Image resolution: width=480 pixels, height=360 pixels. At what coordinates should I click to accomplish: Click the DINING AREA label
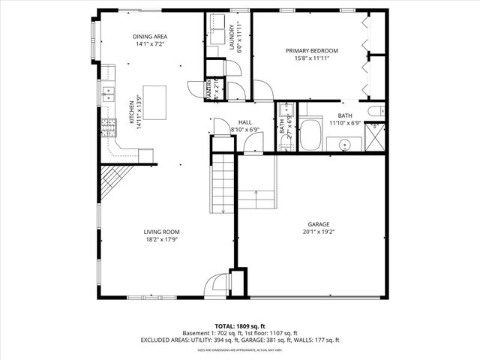pyautogui.click(x=150, y=37)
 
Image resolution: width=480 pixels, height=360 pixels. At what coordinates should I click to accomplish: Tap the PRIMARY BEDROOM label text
pyautogui.click(x=311, y=51)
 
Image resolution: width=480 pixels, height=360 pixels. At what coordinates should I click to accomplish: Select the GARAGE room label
pyautogui.click(x=319, y=224)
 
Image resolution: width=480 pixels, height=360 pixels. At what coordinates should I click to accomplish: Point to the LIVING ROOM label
pyautogui.click(x=162, y=232)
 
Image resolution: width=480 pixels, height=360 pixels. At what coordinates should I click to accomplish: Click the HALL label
pyautogui.click(x=244, y=121)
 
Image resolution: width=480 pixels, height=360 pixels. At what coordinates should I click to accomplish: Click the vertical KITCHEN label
pyautogui.click(x=130, y=115)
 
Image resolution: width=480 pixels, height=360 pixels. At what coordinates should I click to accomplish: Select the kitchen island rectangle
pyautogui.click(x=154, y=97)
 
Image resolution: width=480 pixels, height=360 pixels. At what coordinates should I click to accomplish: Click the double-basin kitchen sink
pyautogui.click(x=108, y=94)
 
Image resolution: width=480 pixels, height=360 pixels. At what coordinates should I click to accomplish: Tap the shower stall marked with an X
pyautogui.click(x=374, y=139)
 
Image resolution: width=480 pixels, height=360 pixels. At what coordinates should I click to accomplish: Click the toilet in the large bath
pyautogui.click(x=379, y=111)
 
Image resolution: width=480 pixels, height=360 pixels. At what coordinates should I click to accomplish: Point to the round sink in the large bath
pyautogui.click(x=345, y=144)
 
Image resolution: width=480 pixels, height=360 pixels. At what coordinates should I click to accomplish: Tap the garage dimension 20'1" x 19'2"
pyautogui.click(x=319, y=232)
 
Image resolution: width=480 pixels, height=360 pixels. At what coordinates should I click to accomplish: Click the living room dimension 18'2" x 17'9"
pyautogui.click(x=162, y=240)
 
